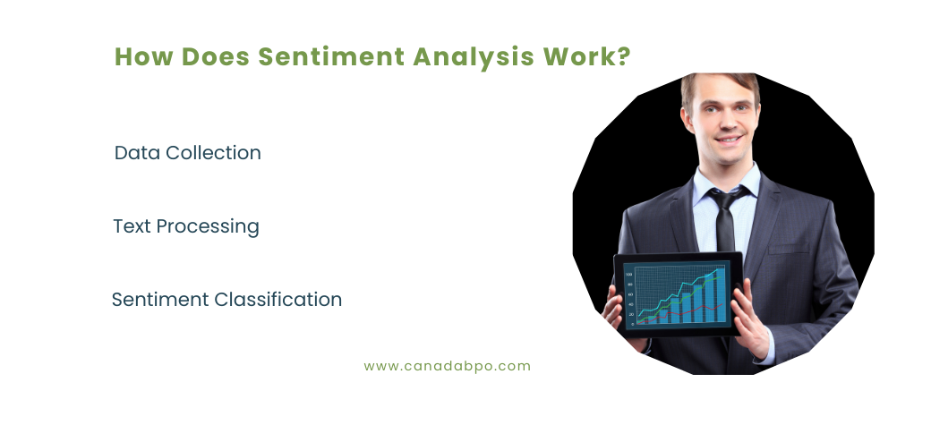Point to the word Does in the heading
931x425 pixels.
[x=215, y=56]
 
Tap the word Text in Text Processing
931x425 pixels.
[x=132, y=226]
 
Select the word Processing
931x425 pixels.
[x=208, y=227]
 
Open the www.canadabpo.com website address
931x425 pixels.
[x=448, y=366]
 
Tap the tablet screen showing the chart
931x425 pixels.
[x=678, y=294]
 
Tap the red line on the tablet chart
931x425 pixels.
[x=698, y=309]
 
